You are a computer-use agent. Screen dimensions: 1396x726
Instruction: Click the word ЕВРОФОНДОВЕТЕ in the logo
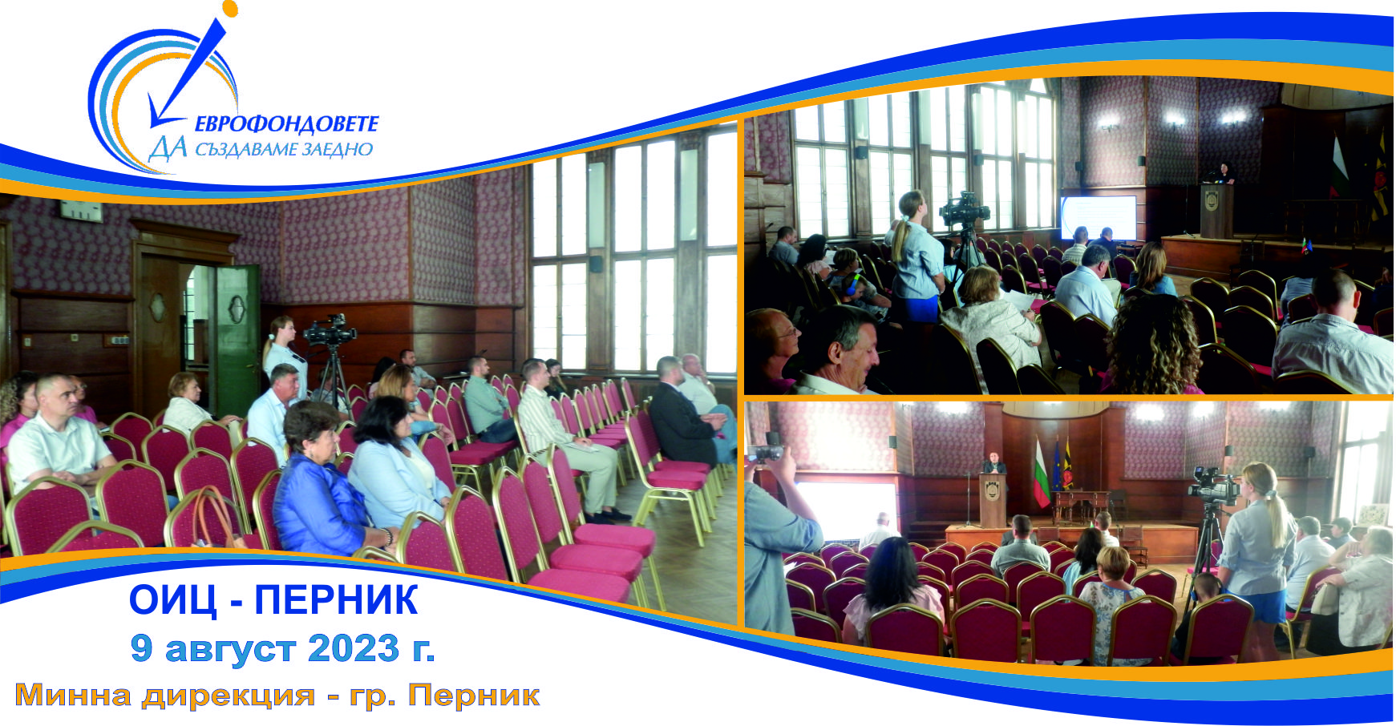tap(286, 123)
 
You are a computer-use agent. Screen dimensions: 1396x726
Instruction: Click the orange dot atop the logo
tap(231, 9)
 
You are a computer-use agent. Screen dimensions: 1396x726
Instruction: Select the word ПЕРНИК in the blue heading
tap(336, 600)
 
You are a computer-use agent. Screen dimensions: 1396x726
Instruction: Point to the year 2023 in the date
tap(353, 648)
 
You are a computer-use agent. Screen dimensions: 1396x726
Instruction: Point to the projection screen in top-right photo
tap(1099, 218)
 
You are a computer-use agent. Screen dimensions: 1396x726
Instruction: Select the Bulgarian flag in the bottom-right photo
tap(1041, 475)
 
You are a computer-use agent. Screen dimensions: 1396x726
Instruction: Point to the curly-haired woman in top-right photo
tap(1153, 345)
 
